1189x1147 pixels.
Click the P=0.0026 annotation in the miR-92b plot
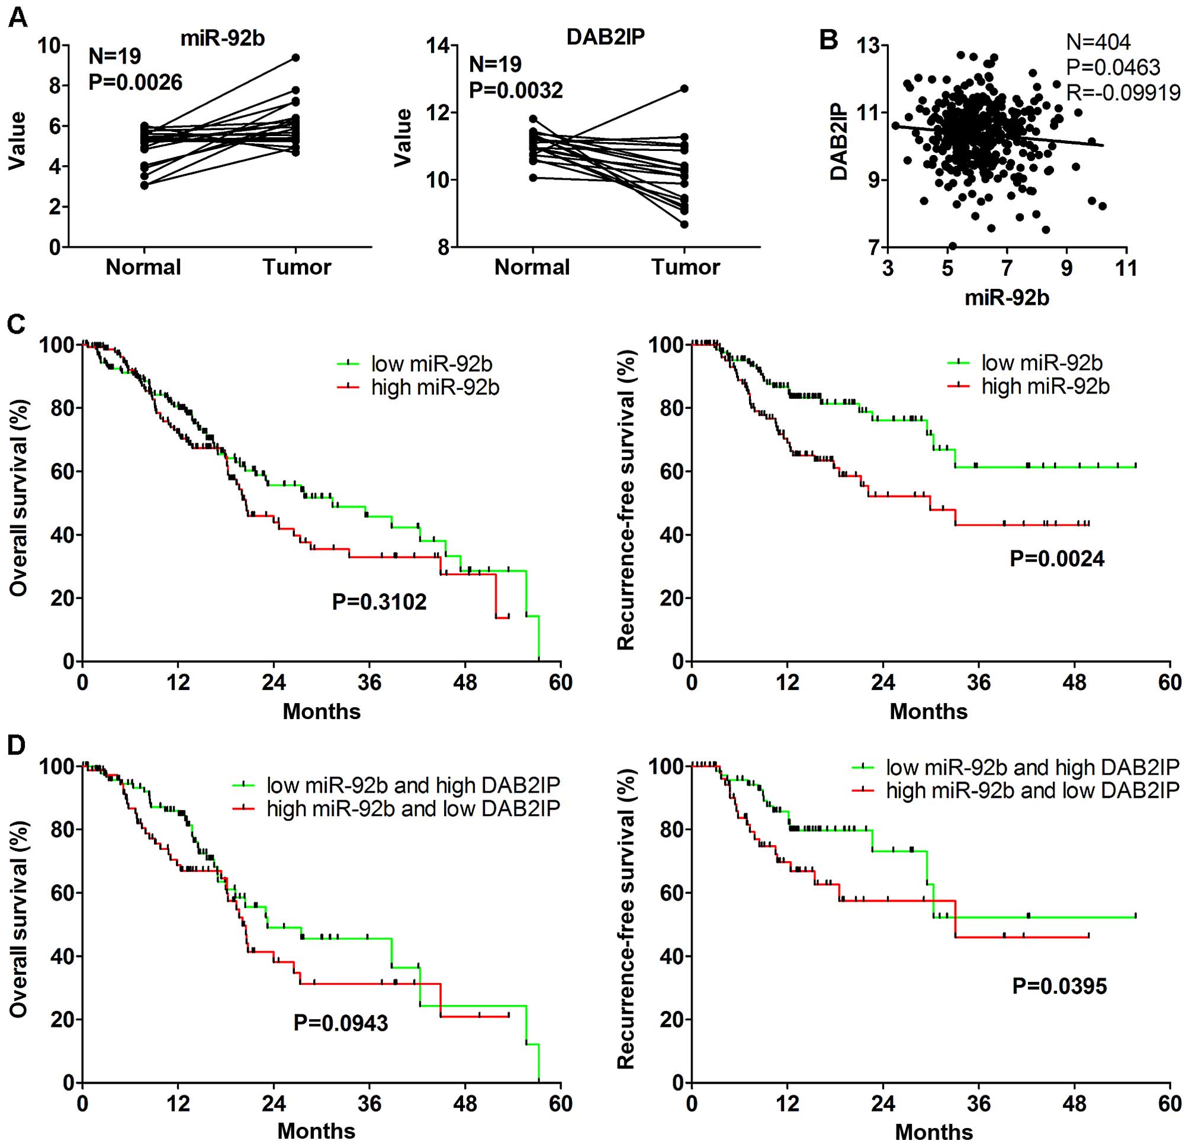pyautogui.click(x=135, y=82)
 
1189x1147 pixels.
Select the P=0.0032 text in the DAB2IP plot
pyautogui.click(x=516, y=91)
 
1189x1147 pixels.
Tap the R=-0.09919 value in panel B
pyautogui.click(x=1123, y=92)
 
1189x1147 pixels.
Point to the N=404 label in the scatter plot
pyautogui.click(x=1098, y=42)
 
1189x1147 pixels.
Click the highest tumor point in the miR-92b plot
pyautogui.click(x=295, y=57)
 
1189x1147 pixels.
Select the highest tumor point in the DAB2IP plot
pyautogui.click(x=685, y=89)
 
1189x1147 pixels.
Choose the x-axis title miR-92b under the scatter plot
pyautogui.click(x=1007, y=298)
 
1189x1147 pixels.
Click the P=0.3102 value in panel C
pyautogui.click(x=379, y=602)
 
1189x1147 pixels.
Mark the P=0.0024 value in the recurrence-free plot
pyautogui.click(x=1057, y=558)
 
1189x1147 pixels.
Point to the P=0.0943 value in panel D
pyautogui.click(x=341, y=1023)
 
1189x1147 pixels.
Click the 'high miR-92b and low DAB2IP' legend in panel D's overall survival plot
pyautogui.click(x=413, y=808)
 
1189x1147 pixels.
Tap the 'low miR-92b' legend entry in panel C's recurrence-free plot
pyautogui.click(x=1042, y=363)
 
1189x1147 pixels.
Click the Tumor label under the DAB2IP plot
pyautogui.click(x=686, y=268)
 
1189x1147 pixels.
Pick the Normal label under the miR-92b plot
pyautogui.click(x=143, y=268)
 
